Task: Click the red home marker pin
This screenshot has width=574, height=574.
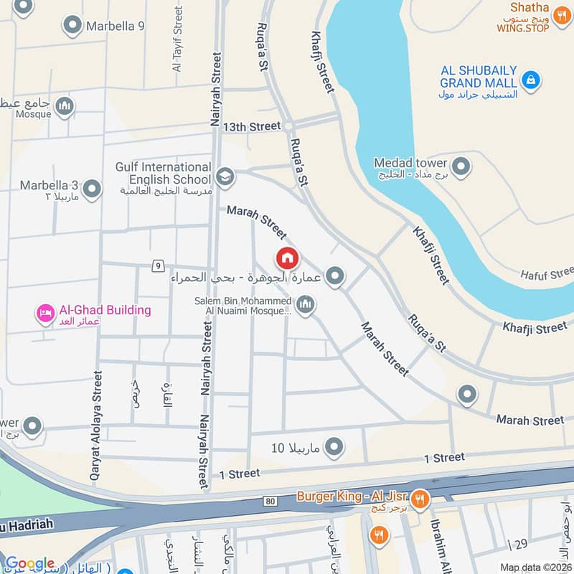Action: (x=288, y=258)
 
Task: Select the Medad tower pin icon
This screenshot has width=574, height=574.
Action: (x=461, y=166)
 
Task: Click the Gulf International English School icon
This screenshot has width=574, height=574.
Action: (x=225, y=177)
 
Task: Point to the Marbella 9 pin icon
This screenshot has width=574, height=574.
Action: (x=72, y=27)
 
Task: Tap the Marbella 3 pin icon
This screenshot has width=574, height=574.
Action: (x=92, y=189)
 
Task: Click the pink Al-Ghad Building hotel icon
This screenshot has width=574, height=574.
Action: (x=46, y=313)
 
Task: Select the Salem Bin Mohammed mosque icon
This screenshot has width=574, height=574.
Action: (x=306, y=306)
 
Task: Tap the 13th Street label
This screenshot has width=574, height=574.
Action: (x=251, y=126)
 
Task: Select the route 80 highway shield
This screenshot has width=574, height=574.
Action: (x=269, y=500)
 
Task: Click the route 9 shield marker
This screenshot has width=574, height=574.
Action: (x=157, y=266)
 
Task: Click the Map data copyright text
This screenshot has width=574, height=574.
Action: (x=535, y=567)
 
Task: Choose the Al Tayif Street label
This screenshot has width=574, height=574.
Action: (x=177, y=39)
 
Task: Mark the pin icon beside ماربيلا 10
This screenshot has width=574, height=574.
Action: (x=334, y=448)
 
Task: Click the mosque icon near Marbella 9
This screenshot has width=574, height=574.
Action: (x=65, y=106)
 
